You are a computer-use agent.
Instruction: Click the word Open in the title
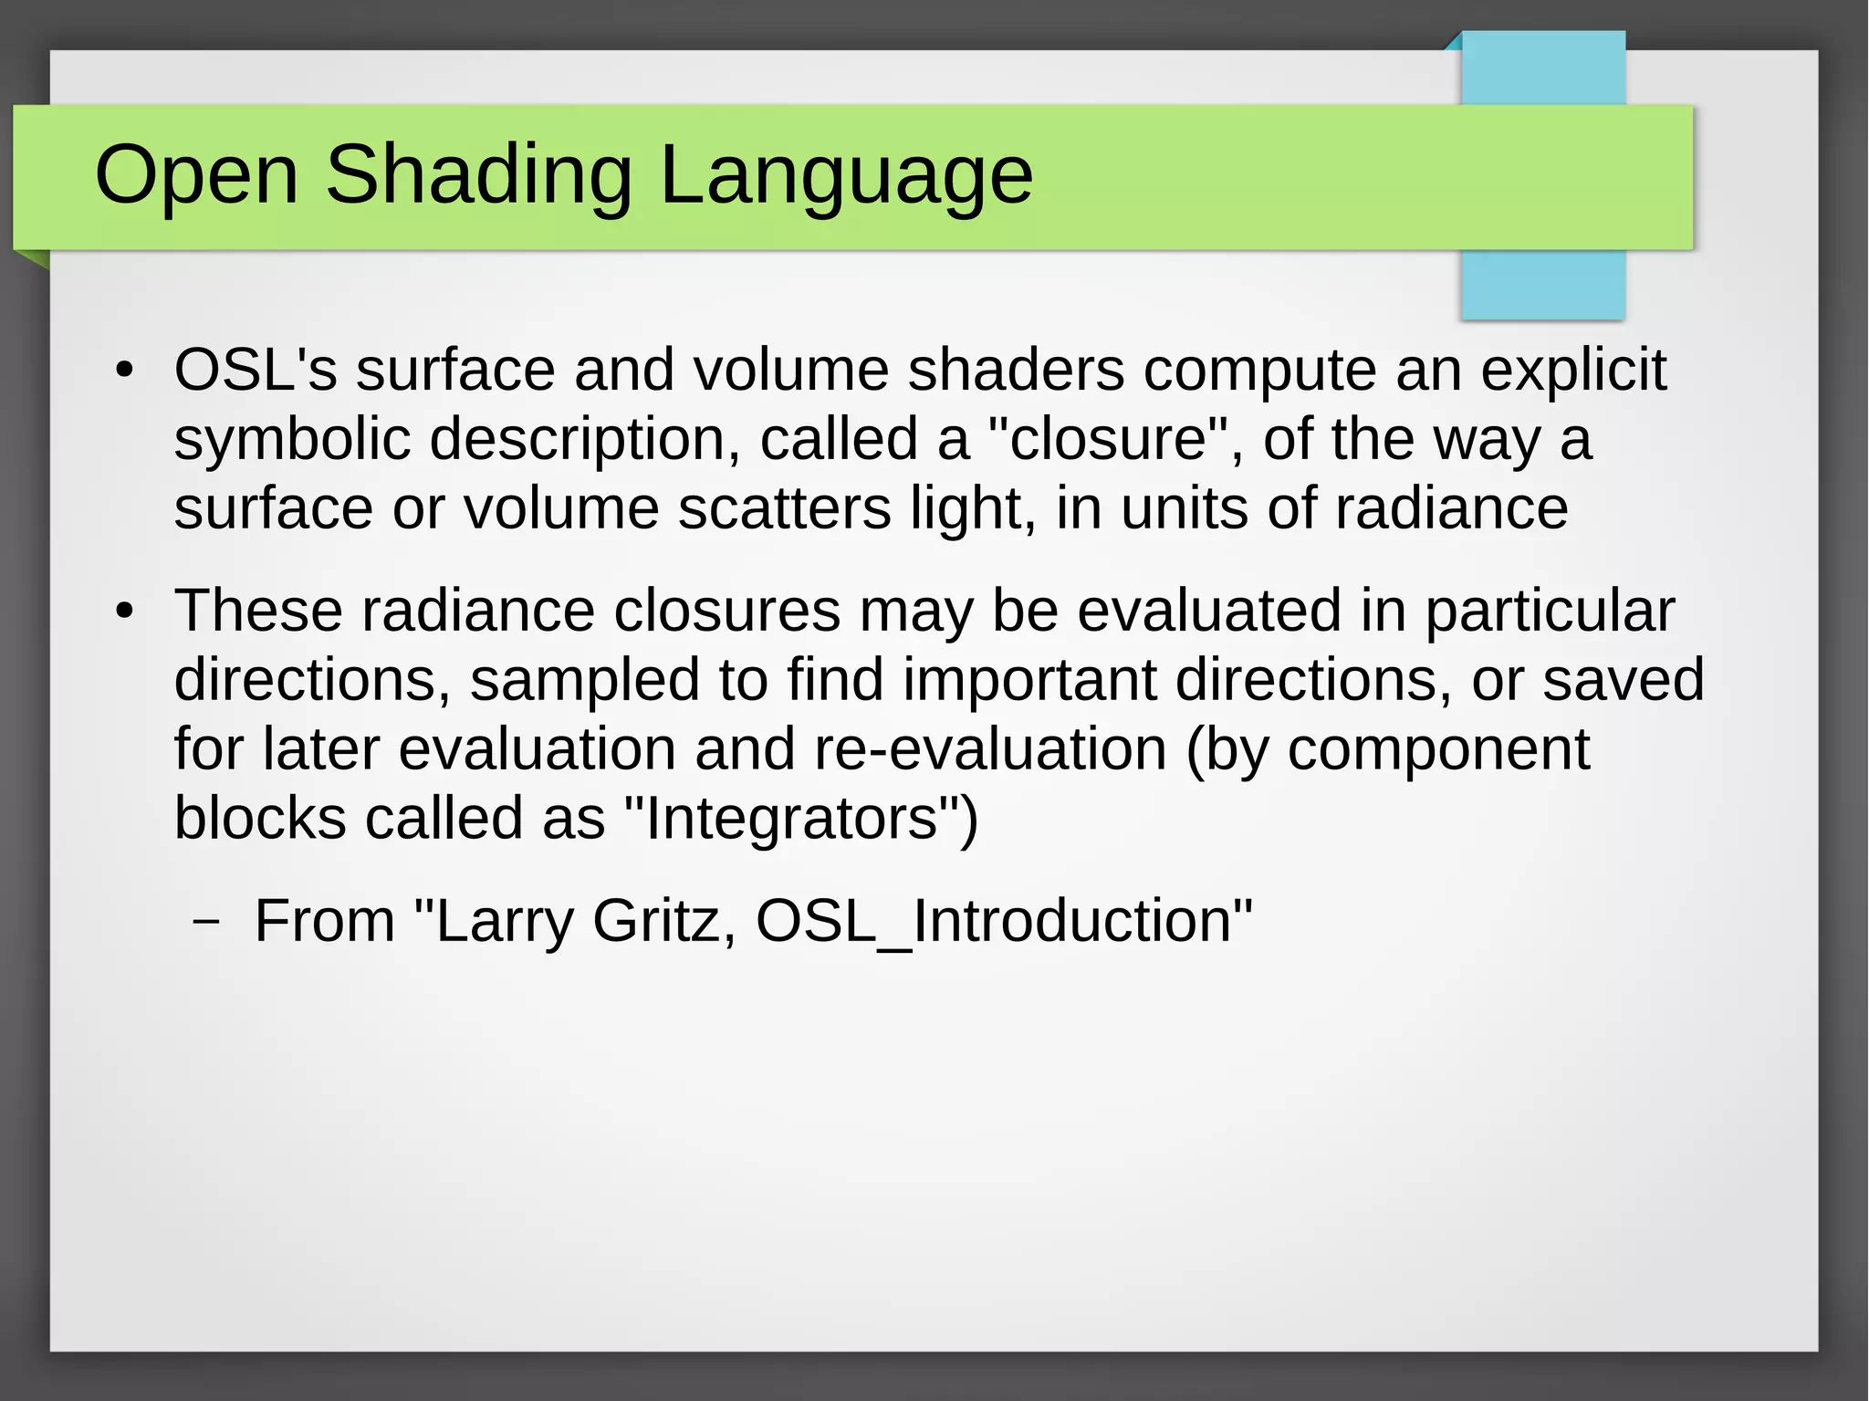pyautogui.click(x=196, y=175)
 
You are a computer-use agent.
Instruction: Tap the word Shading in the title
pyautogui.click(x=478, y=175)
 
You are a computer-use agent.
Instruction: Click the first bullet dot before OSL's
pyautogui.click(x=125, y=371)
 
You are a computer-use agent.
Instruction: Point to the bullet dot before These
pyautogui.click(x=125, y=612)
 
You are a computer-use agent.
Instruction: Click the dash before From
pyautogui.click(x=207, y=921)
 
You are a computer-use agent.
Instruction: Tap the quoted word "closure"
pyautogui.click(x=1109, y=440)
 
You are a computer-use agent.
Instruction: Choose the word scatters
pyautogui.click(x=784, y=508)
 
